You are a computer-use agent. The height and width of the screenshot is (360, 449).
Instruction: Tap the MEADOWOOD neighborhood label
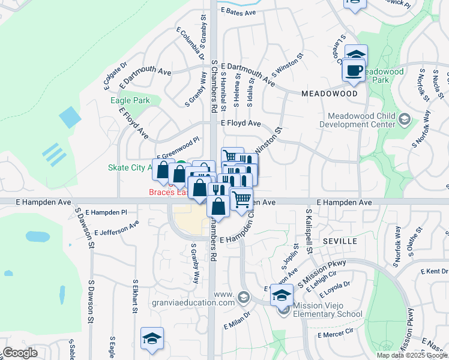(330, 94)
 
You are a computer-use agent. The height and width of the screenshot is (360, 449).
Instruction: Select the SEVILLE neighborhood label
(340, 241)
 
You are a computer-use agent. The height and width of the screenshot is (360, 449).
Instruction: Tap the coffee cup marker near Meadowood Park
(354, 70)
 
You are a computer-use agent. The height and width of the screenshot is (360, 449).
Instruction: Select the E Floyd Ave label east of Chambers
(241, 123)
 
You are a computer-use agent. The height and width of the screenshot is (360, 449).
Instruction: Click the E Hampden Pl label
(106, 212)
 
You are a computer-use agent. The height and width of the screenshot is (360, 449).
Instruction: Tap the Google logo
(20, 353)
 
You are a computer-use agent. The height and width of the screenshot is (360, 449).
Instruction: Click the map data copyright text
(412, 355)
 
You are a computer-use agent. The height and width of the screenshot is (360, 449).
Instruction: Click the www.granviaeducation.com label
(224, 299)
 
